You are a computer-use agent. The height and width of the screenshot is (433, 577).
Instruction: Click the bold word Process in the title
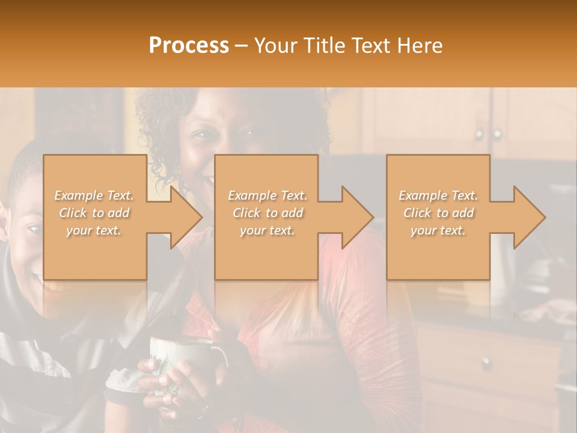click(189, 46)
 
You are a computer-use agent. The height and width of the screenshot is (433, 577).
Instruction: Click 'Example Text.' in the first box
click(94, 195)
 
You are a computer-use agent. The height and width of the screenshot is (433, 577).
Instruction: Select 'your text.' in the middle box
click(267, 230)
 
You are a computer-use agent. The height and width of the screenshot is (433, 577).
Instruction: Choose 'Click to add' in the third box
click(438, 213)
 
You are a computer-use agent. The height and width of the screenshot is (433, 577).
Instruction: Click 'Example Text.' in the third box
click(438, 195)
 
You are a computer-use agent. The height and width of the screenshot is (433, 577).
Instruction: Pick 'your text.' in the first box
click(94, 230)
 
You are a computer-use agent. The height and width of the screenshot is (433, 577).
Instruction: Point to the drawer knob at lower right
click(486, 362)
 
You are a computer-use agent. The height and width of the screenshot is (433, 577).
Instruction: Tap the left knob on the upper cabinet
click(478, 134)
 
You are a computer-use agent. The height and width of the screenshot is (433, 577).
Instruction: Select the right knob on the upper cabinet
click(498, 134)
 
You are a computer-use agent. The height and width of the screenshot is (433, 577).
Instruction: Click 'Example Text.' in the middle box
click(267, 195)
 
